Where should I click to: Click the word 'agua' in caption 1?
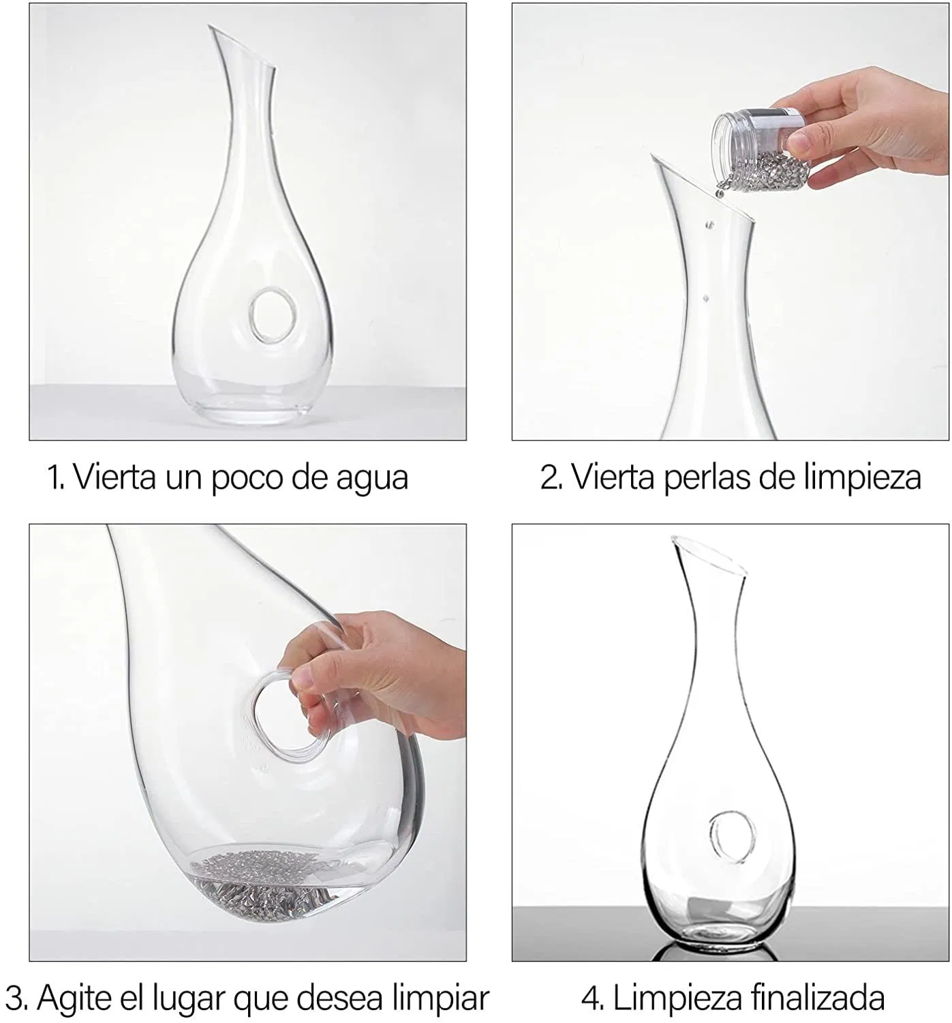(x=372, y=479)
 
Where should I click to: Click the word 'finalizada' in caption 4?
(x=816, y=998)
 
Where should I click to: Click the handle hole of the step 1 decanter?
(x=272, y=316)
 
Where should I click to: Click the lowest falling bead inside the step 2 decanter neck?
(x=706, y=298)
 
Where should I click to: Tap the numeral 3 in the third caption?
(x=14, y=999)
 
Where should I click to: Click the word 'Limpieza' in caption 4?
(x=675, y=999)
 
